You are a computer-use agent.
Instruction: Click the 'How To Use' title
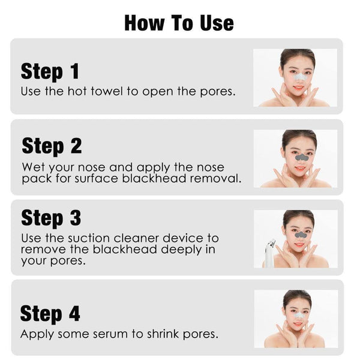(179, 22)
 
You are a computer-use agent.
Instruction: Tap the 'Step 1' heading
(50, 71)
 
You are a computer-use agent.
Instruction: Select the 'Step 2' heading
(52, 146)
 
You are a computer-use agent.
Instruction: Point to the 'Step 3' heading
(51, 217)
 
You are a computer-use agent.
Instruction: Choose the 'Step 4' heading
(50, 313)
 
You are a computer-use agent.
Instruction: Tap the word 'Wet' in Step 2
(34, 167)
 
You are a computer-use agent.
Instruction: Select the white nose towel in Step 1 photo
(298, 77)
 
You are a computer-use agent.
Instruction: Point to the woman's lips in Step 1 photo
(298, 88)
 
